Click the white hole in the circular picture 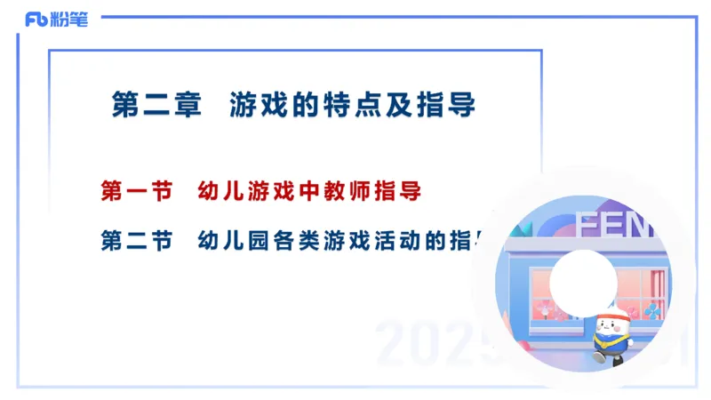click(582, 282)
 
